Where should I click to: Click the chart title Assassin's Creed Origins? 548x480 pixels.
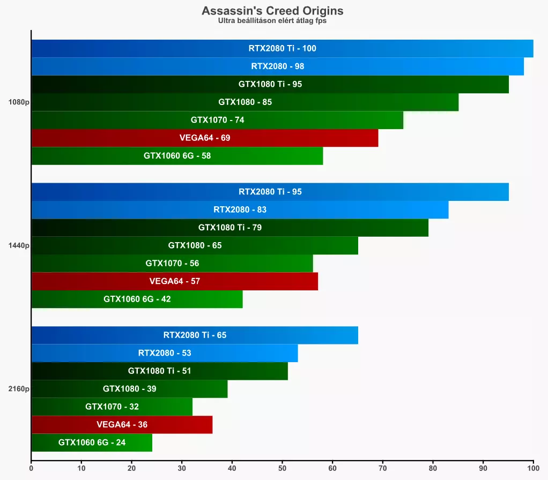pos(272,11)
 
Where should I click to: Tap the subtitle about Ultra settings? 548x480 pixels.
pos(272,21)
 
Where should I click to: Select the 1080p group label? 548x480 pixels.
pos(19,102)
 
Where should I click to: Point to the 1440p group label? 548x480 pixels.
pos(19,245)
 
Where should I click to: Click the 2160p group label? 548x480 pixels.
pos(19,389)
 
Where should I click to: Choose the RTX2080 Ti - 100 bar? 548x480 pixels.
pos(282,48)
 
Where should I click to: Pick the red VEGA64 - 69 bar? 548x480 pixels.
pos(205,138)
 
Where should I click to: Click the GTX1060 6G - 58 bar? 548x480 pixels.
pos(177,156)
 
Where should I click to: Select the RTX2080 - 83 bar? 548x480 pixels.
pos(240,209)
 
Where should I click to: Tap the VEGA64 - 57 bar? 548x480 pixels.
pos(174,281)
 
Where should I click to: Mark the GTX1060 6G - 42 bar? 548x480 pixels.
pos(137,299)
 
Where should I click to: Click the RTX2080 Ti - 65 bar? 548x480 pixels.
pos(195,335)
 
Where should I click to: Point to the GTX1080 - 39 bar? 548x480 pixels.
pos(129,389)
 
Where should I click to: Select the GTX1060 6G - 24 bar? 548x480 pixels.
pos(92,443)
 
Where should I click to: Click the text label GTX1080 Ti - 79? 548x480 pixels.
pos(230,228)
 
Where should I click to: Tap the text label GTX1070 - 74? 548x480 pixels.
pos(217,120)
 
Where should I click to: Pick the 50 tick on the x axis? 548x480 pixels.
pos(282,468)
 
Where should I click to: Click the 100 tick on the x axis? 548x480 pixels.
pos(533,468)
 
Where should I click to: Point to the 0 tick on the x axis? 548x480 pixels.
pos(31,468)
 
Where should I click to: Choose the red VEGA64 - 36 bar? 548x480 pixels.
pos(122,425)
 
